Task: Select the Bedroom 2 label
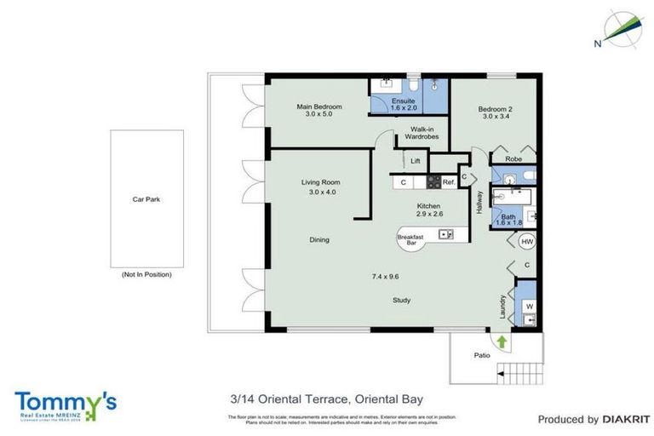(x=495, y=111)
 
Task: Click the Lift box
(x=416, y=160)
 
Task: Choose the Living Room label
(x=320, y=186)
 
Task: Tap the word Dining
(x=318, y=240)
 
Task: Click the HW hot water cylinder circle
(x=526, y=241)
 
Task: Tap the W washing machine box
(x=529, y=305)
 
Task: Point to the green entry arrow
(x=502, y=342)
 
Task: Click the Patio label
(x=482, y=355)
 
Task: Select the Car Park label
(x=146, y=199)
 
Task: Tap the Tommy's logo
(x=65, y=404)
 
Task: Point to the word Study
(x=402, y=301)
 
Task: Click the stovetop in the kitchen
(x=433, y=181)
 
